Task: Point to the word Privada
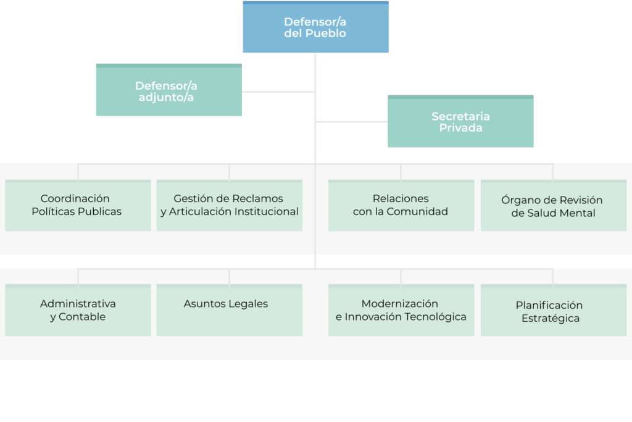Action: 460,128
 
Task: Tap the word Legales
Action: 248,303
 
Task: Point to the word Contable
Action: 83,317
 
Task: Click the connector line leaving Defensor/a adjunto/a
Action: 278,91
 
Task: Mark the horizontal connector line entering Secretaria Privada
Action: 352,122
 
